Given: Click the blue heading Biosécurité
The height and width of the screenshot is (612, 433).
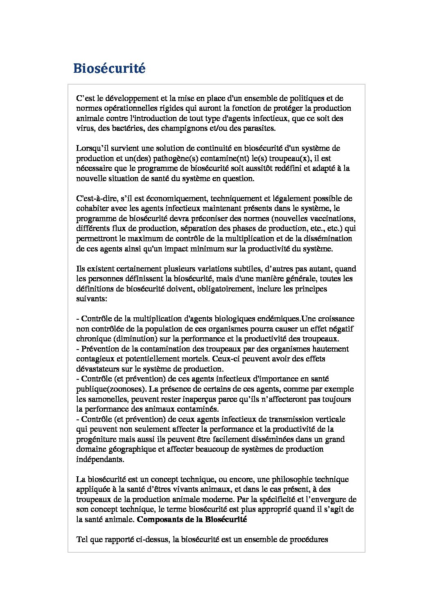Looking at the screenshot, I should [x=109, y=68].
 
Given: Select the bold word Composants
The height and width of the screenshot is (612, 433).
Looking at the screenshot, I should [x=159, y=520].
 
